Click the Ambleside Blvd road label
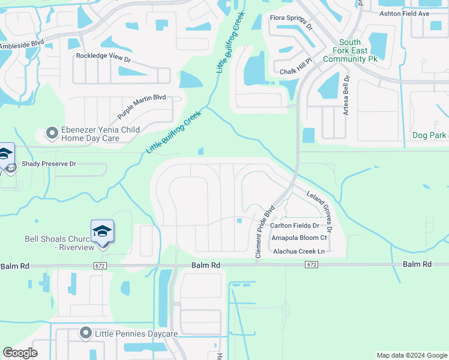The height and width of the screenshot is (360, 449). pyautogui.click(x=22, y=45)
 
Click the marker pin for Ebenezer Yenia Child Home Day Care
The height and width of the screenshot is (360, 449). pyautogui.click(x=52, y=133)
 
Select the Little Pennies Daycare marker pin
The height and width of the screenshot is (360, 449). pyautogui.click(x=86, y=333)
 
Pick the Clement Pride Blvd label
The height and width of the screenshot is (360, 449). pyautogui.click(x=265, y=232)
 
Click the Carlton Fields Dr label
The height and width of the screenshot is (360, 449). pyautogui.click(x=294, y=226)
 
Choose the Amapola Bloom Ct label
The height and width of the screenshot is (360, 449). pyautogui.click(x=299, y=238)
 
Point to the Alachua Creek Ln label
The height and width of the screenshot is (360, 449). pyautogui.click(x=298, y=251)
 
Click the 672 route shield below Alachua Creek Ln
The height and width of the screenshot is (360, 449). pyautogui.click(x=311, y=265)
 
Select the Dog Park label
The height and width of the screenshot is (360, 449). pyautogui.click(x=429, y=136)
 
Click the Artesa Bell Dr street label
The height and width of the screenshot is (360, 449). pyautogui.click(x=346, y=96)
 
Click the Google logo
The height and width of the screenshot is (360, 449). pyautogui.click(x=20, y=353)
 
